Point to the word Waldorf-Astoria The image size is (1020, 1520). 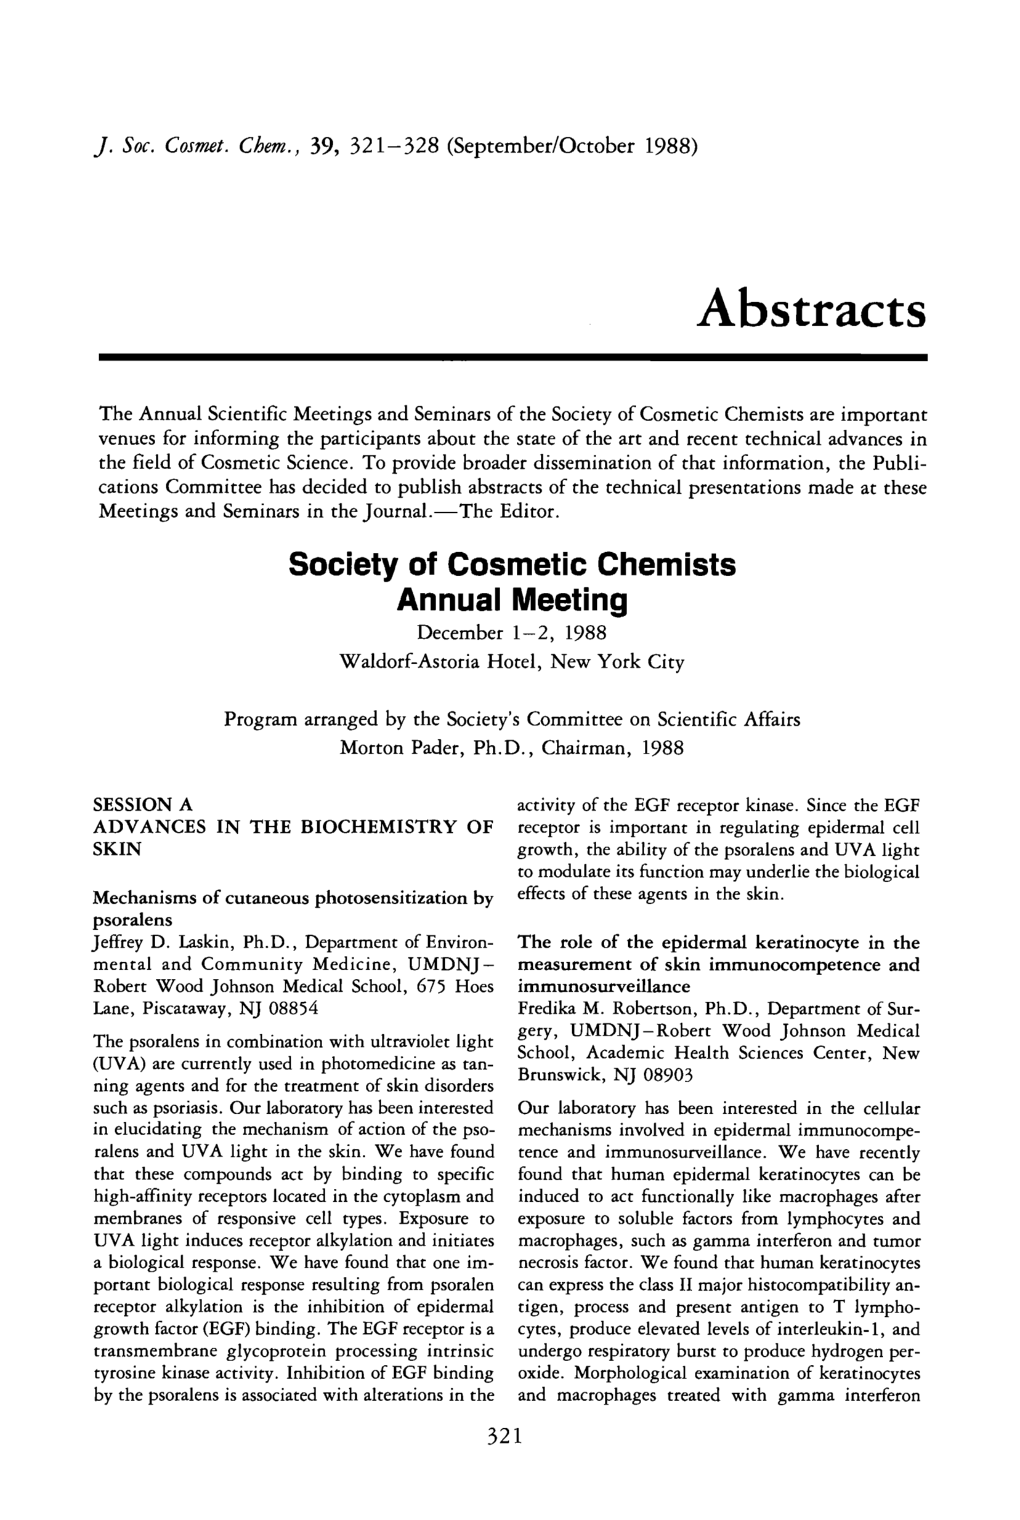[410, 662]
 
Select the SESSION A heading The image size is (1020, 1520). [143, 805]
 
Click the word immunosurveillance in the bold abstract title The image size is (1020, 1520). [604, 986]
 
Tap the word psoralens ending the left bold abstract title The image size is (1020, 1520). [132, 920]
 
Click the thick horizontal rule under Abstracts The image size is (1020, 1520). [512, 358]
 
